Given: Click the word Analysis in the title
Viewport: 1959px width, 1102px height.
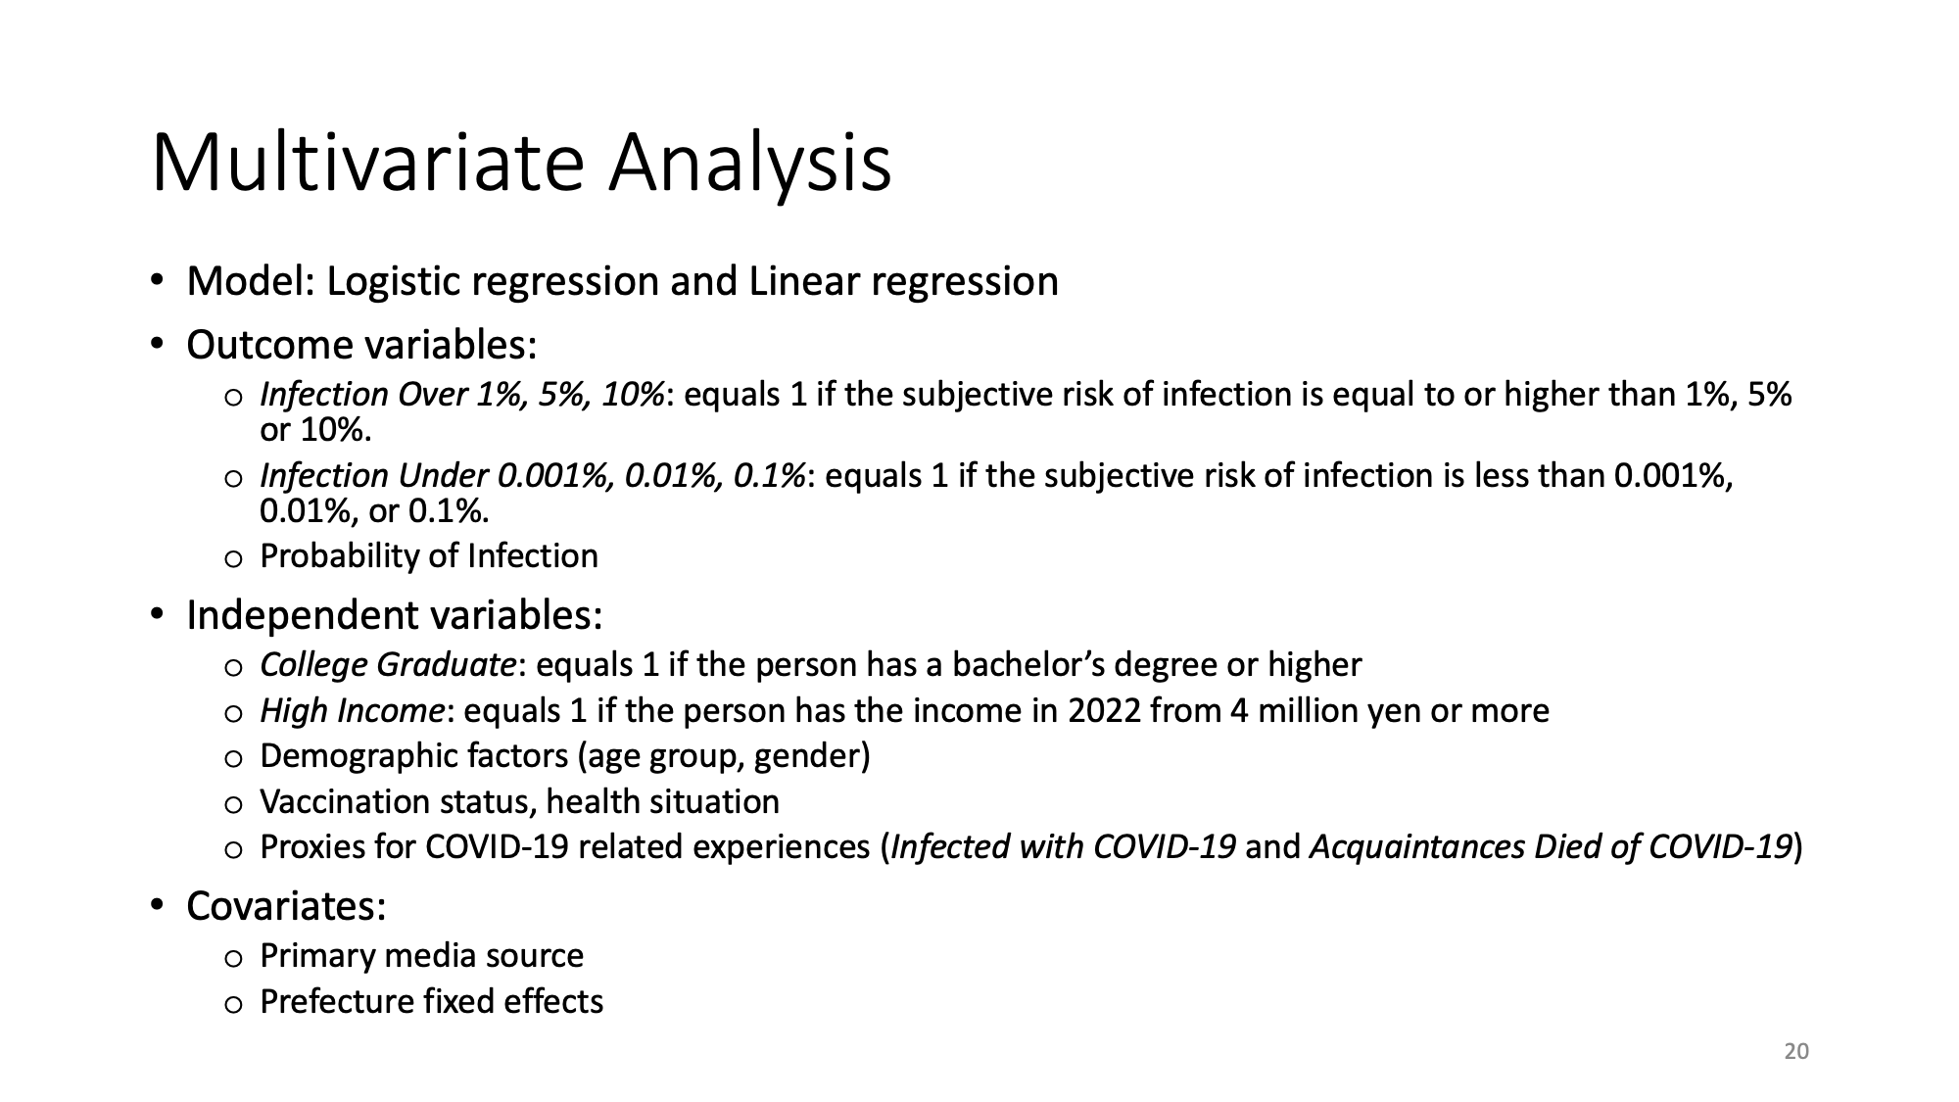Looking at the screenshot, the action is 750,165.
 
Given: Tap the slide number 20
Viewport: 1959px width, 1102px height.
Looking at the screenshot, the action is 1796,1052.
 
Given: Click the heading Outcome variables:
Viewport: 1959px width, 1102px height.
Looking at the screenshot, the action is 361,345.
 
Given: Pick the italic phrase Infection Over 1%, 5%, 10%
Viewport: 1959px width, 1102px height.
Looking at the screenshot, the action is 462,394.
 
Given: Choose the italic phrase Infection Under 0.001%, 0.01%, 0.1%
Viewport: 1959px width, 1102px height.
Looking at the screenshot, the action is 533,475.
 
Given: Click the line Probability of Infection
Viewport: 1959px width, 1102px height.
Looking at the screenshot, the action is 429,556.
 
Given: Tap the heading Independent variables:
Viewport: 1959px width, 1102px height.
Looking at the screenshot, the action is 395,615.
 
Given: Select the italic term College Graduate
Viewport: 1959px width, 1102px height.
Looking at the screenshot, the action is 388,665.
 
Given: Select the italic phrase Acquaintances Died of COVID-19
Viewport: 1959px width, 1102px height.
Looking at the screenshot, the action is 1551,846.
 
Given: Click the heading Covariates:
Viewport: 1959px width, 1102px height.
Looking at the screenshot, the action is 286,906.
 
